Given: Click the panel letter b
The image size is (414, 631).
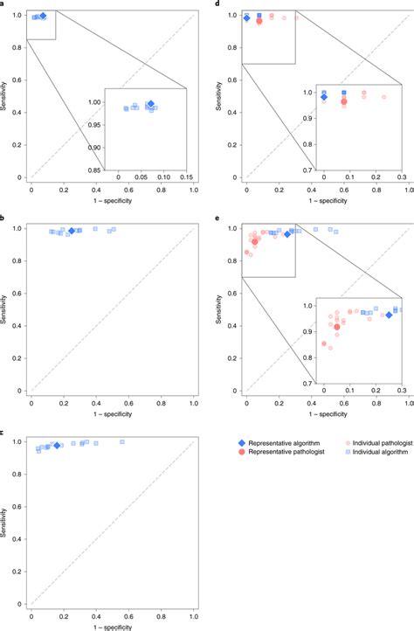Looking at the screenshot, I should [x=3, y=220].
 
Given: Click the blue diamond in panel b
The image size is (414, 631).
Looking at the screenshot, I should [x=72, y=231].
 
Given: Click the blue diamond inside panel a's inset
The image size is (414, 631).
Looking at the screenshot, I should [x=150, y=105].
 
